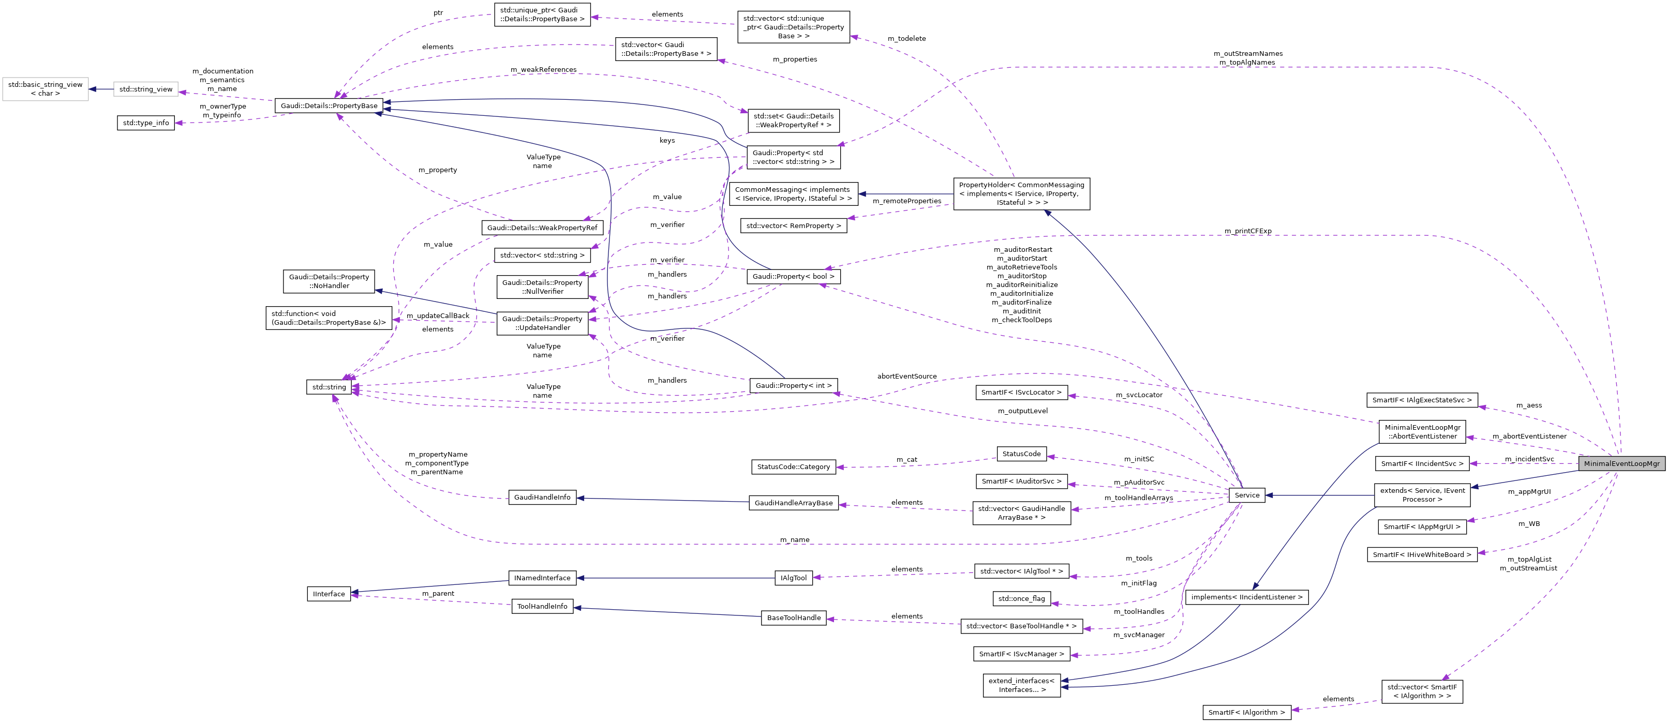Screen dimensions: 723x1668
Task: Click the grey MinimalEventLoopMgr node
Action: click(x=1621, y=463)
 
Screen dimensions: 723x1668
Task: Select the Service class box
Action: click(x=1246, y=495)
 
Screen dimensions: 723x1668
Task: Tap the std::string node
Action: click(x=329, y=387)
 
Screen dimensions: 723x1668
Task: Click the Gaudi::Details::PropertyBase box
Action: click(x=329, y=106)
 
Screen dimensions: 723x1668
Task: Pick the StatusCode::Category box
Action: click(x=793, y=466)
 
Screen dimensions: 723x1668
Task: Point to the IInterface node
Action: click(x=329, y=594)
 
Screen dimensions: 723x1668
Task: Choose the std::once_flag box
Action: click(x=1021, y=599)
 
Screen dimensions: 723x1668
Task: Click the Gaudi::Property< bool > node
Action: click(x=793, y=276)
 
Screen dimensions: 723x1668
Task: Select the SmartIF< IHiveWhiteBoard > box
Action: click(x=1422, y=555)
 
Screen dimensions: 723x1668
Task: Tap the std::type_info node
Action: click(x=146, y=123)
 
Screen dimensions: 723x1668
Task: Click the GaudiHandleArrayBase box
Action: click(x=793, y=503)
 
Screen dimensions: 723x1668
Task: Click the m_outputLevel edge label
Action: click(x=1022, y=411)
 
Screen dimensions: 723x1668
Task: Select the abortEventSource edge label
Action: click(x=906, y=376)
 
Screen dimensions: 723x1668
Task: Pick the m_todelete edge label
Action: click(x=906, y=39)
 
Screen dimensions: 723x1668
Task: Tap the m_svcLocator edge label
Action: click(x=1138, y=395)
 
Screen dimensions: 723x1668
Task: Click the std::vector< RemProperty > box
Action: click(x=793, y=226)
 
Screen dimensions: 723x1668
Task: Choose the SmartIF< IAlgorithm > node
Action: click(x=1246, y=712)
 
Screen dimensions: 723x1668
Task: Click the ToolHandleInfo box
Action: click(x=542, y=607)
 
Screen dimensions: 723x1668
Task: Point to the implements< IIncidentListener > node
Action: click(x=1246, y=597)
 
